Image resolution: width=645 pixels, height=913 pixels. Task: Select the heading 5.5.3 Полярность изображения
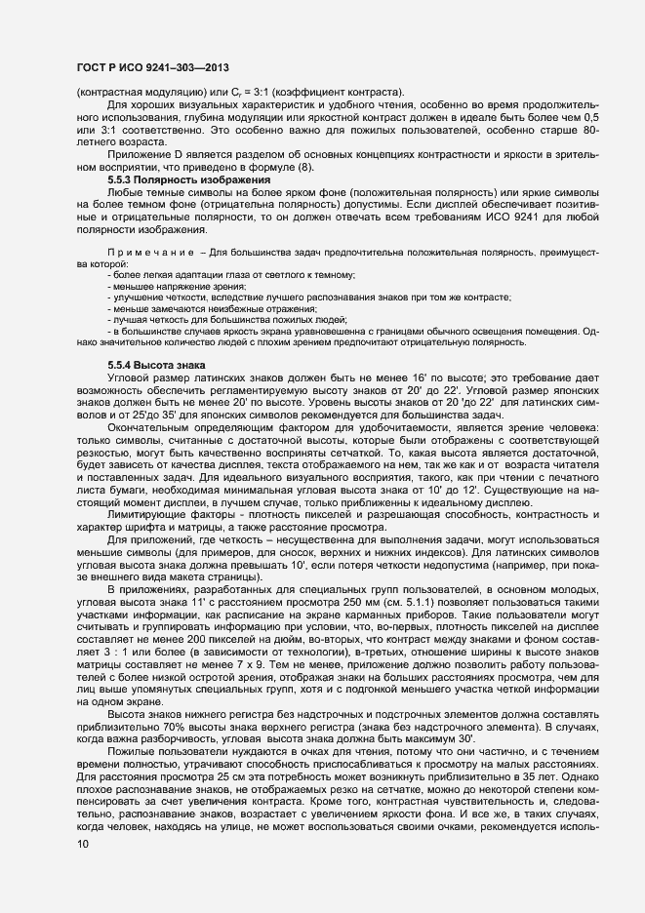188,181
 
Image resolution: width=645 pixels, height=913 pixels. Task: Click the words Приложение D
144,156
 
